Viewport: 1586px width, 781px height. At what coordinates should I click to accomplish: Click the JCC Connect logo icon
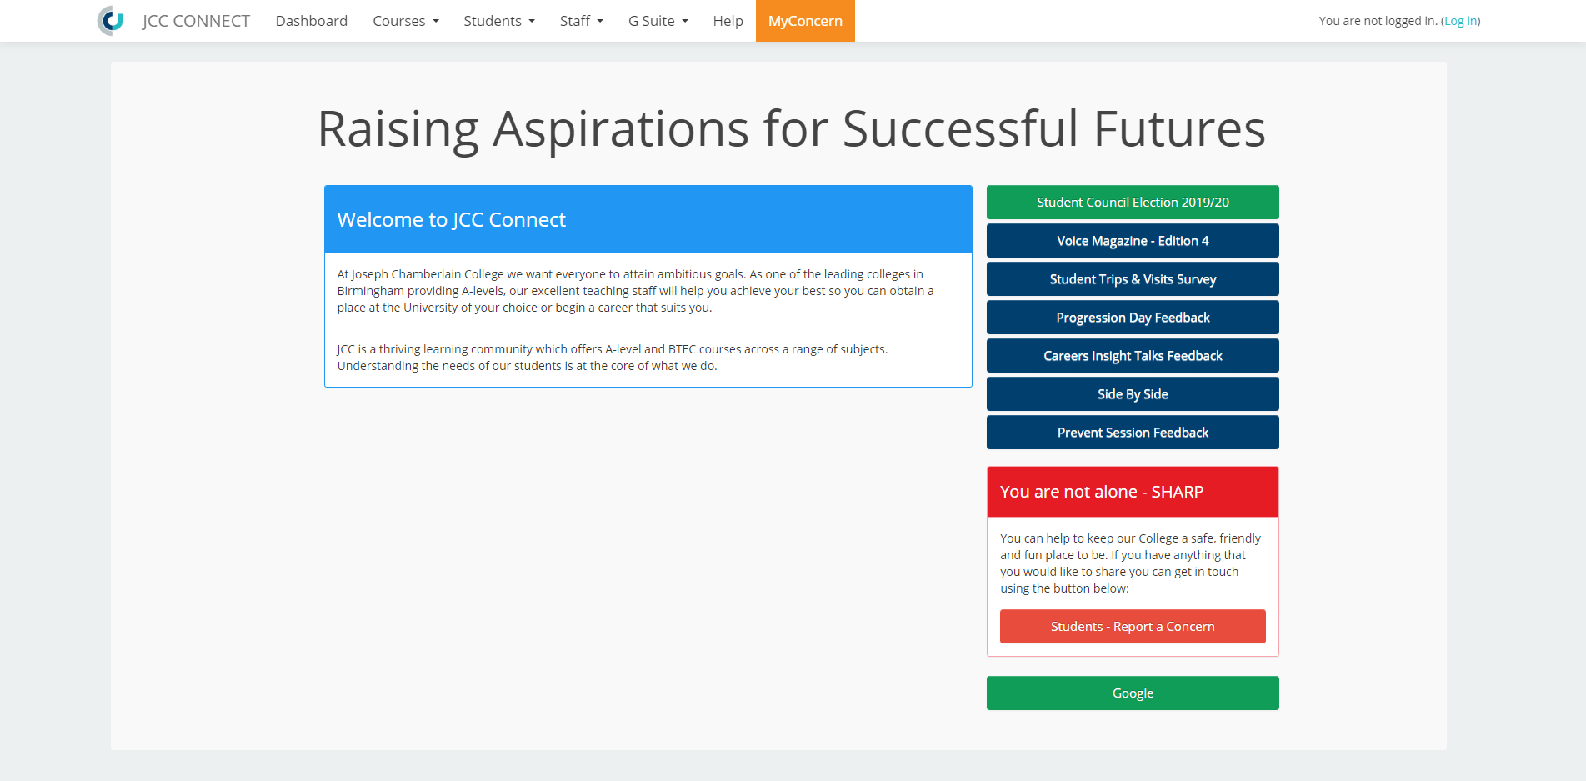coord(110,21)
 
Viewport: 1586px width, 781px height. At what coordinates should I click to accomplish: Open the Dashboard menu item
coord(312,21)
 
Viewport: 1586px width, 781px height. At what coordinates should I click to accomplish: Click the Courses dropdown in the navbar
coord(406,21)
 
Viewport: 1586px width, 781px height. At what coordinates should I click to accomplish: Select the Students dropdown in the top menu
coord(499,21)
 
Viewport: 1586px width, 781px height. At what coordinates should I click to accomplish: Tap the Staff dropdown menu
coord(582,21)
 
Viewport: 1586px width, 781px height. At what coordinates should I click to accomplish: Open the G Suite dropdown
coord(658,21)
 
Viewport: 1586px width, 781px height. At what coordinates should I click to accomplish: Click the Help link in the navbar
coord(728,21)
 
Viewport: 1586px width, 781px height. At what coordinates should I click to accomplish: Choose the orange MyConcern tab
coord(805,21)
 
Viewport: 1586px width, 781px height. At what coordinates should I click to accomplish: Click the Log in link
coord(1461,21)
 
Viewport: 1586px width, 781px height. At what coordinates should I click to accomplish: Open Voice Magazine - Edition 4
coord(1133,241)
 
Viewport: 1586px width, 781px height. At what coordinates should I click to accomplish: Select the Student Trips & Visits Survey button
coord(1133,279)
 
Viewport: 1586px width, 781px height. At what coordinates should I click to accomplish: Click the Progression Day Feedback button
coord(1133,318)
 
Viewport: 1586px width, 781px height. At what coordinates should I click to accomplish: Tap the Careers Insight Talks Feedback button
coord(1133,356)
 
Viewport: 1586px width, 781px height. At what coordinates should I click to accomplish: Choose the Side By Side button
coord(1133,394)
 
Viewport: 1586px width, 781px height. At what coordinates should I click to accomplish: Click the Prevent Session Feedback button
coord(1133,433)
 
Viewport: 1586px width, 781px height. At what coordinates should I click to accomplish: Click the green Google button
coord(1133,693)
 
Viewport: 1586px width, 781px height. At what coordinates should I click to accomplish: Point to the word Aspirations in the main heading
coord(621,131)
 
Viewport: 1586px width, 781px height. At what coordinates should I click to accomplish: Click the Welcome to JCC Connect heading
coord(452,220)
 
